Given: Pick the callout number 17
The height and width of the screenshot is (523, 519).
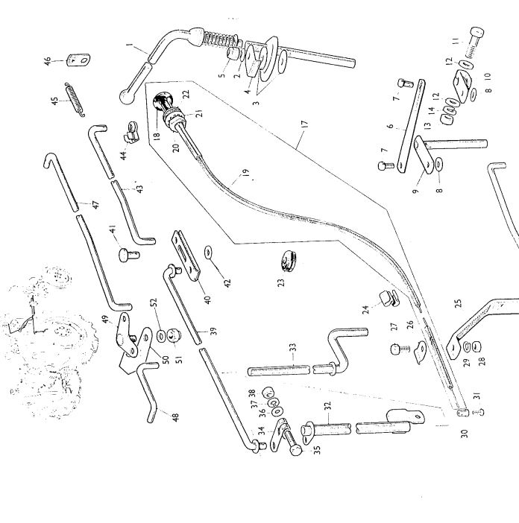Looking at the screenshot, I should (x=303, y=139).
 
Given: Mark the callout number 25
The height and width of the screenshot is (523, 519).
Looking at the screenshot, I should (x=458, y=304).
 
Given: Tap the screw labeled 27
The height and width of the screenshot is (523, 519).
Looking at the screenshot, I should (x=396, y=348).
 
